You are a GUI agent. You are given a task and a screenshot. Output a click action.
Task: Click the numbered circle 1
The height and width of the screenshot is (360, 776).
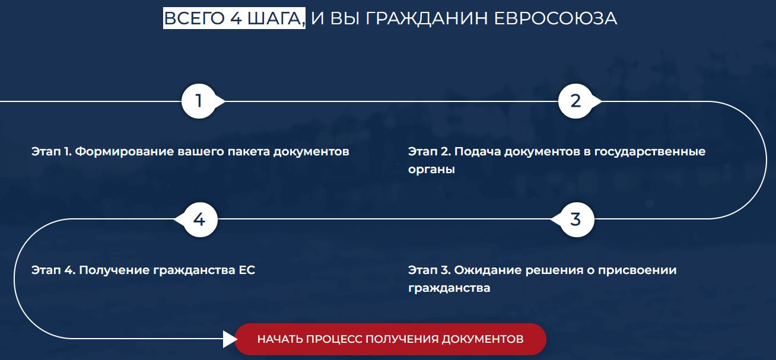199,101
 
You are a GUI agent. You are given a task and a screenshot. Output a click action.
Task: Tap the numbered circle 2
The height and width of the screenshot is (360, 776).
575,101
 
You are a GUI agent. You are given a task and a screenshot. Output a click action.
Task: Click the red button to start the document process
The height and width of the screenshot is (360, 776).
390,339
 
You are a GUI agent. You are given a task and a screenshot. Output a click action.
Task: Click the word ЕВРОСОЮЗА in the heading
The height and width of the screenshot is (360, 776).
555,18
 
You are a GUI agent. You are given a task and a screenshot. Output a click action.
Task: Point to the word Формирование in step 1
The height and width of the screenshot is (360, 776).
125,152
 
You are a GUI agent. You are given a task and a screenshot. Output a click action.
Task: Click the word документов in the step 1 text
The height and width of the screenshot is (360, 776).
311,152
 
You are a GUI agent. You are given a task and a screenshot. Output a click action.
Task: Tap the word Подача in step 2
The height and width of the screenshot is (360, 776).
478,152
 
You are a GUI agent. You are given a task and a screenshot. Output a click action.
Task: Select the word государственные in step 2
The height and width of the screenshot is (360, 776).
650,152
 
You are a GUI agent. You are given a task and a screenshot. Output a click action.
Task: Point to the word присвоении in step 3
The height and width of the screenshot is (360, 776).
637,270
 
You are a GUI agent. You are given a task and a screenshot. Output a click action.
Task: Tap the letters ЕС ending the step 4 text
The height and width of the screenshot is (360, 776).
247,270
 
